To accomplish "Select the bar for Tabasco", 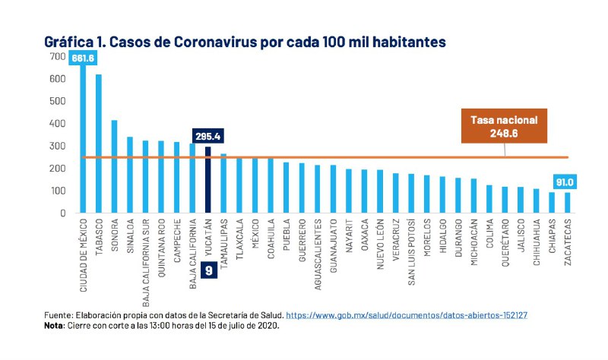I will [x=99, y=144].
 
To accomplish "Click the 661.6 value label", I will [x=83, y=58].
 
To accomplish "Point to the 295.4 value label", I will [x=208, y=136].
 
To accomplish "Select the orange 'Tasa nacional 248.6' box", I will [x=504, y=127].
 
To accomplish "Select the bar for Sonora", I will [x=115, y=167].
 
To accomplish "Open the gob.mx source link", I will [x=407, y=314].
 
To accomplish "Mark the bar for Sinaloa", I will [x=130, y=175].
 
